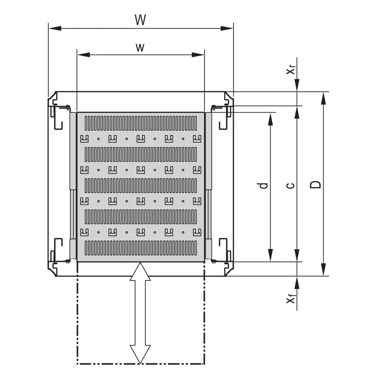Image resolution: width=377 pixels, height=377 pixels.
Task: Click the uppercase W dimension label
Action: click(140, 20)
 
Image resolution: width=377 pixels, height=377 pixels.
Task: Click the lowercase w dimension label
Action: click(140, 48)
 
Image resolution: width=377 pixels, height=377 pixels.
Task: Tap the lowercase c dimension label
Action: click(291, 185)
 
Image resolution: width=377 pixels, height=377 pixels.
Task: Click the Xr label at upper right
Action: click(291, 70)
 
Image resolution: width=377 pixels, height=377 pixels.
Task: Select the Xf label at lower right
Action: click(291, 299)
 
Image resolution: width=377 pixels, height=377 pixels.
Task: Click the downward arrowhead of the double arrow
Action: click(140, 354)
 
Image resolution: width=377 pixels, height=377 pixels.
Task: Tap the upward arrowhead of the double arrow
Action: click(140, 272)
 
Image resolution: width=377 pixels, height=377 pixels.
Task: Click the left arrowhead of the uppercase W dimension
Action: click(55, 28)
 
